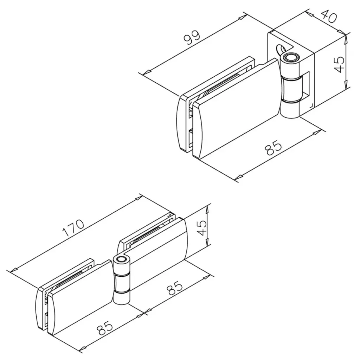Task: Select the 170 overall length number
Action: [73, 228]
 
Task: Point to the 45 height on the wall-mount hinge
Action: [339, 64]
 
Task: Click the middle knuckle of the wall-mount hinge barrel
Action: [292, 90]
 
